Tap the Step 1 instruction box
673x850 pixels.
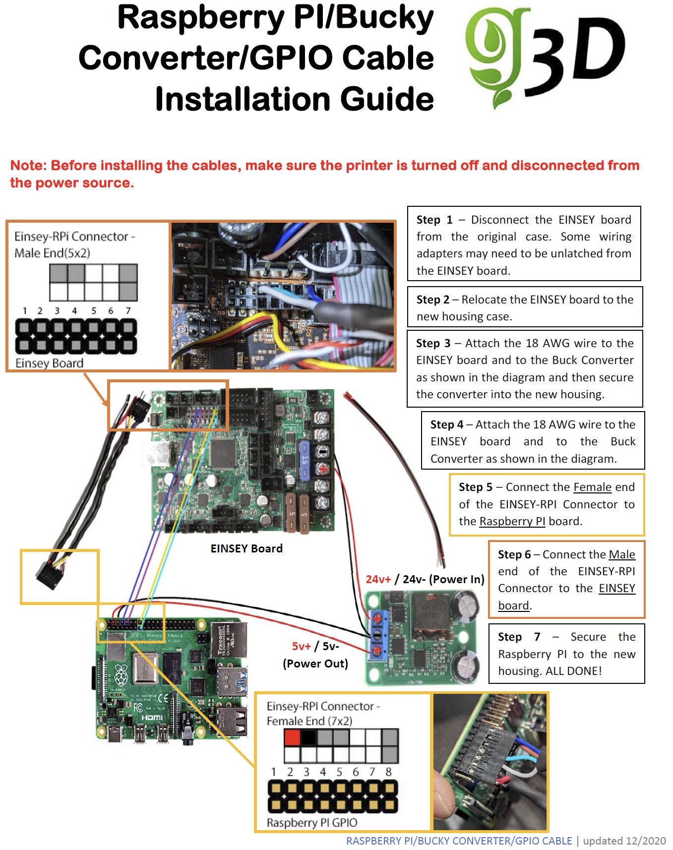[x=524, y=243]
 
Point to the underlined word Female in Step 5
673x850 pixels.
[x=592, y=487]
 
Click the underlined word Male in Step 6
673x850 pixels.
[x=622, y=554]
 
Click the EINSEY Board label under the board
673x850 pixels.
[x=246, y=548]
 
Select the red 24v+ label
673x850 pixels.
[x=378, y=579]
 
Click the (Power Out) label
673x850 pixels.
[x=315, y=664]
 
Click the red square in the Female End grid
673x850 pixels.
[x=292, y=737]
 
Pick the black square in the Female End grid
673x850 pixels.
[x=308, y=737]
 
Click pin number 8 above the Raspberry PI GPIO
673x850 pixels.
[x=388, y=772]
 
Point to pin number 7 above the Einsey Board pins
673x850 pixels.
[x=128, y=311]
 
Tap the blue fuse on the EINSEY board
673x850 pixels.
[x=304, y=461]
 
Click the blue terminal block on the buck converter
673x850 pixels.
[x=376, y=635]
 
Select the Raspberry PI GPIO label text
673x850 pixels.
[x=312, y=823]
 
